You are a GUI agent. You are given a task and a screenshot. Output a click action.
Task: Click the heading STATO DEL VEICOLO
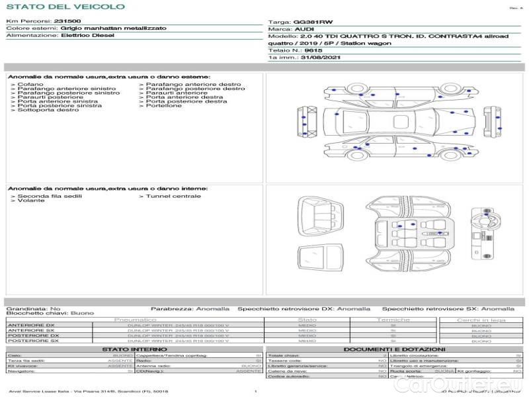click(65, 7)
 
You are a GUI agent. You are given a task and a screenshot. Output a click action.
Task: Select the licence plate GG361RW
click(308, 22)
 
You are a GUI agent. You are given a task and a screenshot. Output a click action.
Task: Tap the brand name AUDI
click(304, 30)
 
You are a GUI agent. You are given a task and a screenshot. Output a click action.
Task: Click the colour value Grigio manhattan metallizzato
click(100, 28)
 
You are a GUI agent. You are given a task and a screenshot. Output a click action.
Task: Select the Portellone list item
click(163, 105)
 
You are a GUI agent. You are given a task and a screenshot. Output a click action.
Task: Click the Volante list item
click(31, 200)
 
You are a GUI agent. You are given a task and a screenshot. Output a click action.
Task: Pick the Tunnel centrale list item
click(173, 196)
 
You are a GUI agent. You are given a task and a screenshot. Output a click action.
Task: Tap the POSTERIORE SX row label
click(32, 341)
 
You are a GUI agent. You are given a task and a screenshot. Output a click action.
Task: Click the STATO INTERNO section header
click(134, 349)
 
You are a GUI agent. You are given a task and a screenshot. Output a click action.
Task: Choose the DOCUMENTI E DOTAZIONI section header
click(394, 349)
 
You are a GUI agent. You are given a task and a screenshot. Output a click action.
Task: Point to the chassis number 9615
click(314, 50)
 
